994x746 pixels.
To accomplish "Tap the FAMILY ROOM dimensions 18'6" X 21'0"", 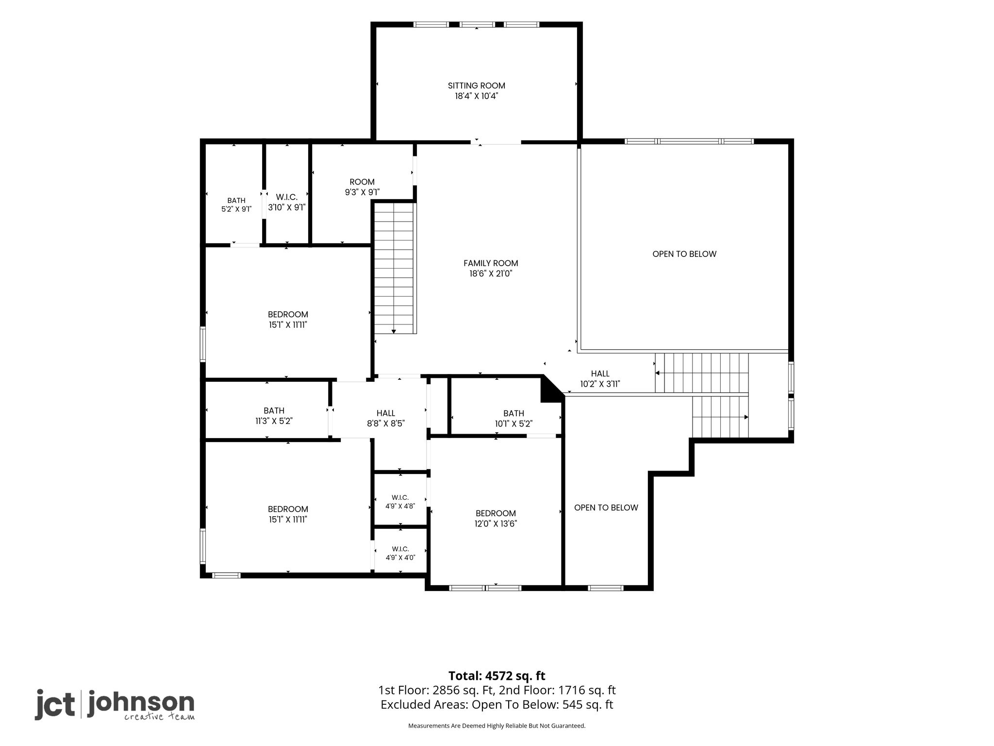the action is coord(491,274).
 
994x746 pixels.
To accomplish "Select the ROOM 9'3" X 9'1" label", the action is coord(362,187).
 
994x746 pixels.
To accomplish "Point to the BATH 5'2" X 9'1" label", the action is coord(236,205).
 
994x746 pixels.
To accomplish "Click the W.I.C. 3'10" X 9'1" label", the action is coord(287,202).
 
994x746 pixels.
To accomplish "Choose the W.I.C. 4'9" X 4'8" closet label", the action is coord(400,502).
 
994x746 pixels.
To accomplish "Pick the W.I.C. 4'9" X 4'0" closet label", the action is coord(400,553).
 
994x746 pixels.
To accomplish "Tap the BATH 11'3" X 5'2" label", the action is coord(274,416).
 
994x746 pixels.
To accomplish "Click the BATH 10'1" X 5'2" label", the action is coord(514,418).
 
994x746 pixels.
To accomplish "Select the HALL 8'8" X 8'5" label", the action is coord(386,418).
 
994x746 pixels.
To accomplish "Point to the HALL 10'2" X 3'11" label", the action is coord(600,379).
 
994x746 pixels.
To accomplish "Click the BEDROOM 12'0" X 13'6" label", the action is coord(496,518).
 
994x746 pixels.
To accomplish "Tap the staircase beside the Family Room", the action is coord(394,268).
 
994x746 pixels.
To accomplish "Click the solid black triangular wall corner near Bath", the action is coord(550,390).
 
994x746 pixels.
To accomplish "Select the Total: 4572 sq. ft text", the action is coord(497,676).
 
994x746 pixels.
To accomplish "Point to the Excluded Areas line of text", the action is coord(497,704).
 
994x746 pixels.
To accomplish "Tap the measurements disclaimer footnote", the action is coord(497,726).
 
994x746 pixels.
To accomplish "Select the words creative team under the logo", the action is coord(159,717).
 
